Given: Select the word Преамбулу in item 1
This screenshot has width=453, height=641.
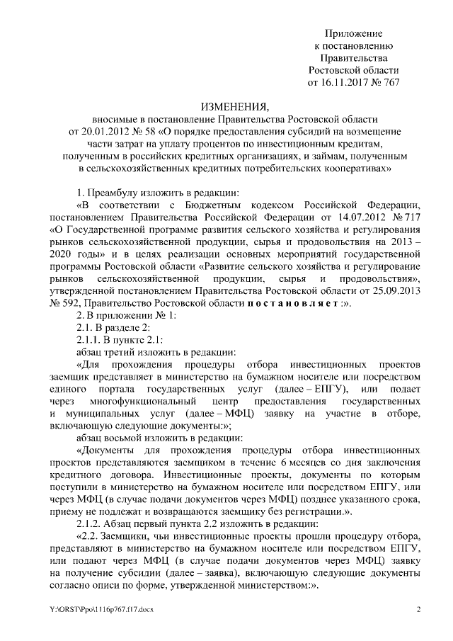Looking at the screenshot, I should [x=113, y=193].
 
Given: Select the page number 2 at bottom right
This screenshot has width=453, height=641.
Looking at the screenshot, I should [x=418, y=610].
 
